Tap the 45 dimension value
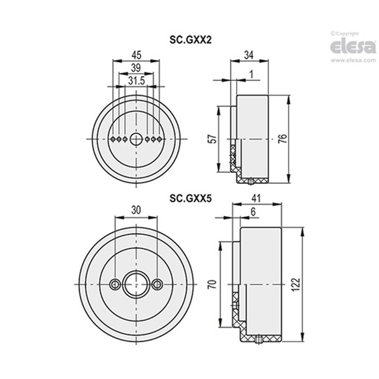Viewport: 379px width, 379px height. (x=136, y=55)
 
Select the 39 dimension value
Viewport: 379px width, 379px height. (x=136, y=67)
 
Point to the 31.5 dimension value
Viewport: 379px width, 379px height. (x=136, y=81)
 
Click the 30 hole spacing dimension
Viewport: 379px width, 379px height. (x=136, y=210)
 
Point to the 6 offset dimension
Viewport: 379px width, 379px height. (x=253, y=212)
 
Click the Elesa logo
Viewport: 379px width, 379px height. (x=353, y=47)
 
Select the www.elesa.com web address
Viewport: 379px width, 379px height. (x=353, y=61)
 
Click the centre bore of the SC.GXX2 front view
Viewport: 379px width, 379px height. (x=136, y=139)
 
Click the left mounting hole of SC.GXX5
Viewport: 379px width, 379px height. (x=115, y=284)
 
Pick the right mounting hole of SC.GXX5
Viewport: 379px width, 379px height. (x=157, y=284)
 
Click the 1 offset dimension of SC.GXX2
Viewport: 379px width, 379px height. (x=252, y=74)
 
